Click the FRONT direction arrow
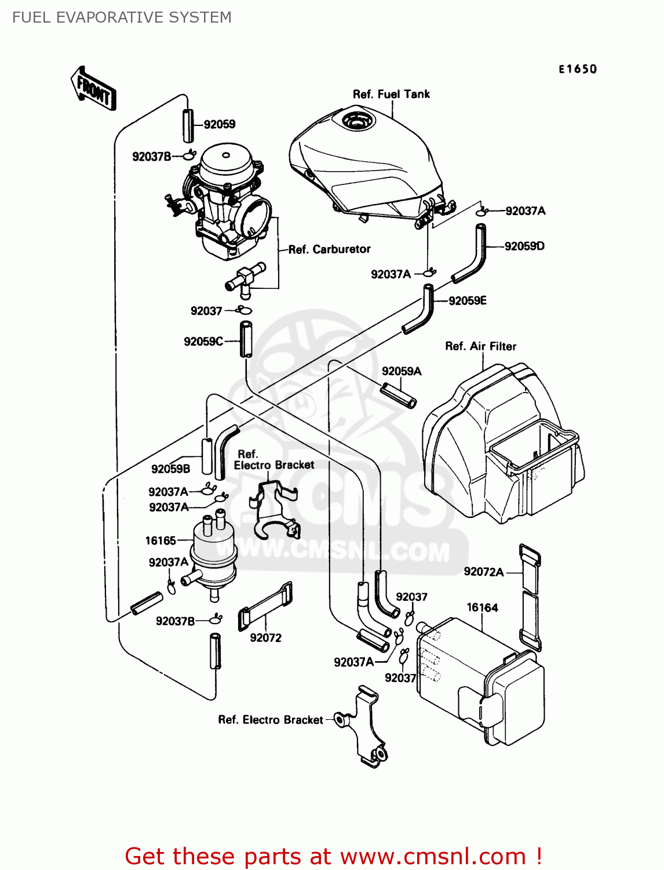93,89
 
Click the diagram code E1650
577,69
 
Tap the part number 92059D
524,246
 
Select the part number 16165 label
160,541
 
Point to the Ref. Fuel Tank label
391,94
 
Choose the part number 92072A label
483,572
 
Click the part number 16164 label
482,607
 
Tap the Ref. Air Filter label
480,346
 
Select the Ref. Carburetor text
329,249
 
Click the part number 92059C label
203,342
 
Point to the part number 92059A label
402,371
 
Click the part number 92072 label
265,638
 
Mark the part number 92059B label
170,469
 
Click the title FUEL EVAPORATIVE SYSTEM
122,17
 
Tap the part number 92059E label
467,300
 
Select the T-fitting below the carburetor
245,277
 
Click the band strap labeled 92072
265,606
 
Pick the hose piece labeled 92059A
398,394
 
